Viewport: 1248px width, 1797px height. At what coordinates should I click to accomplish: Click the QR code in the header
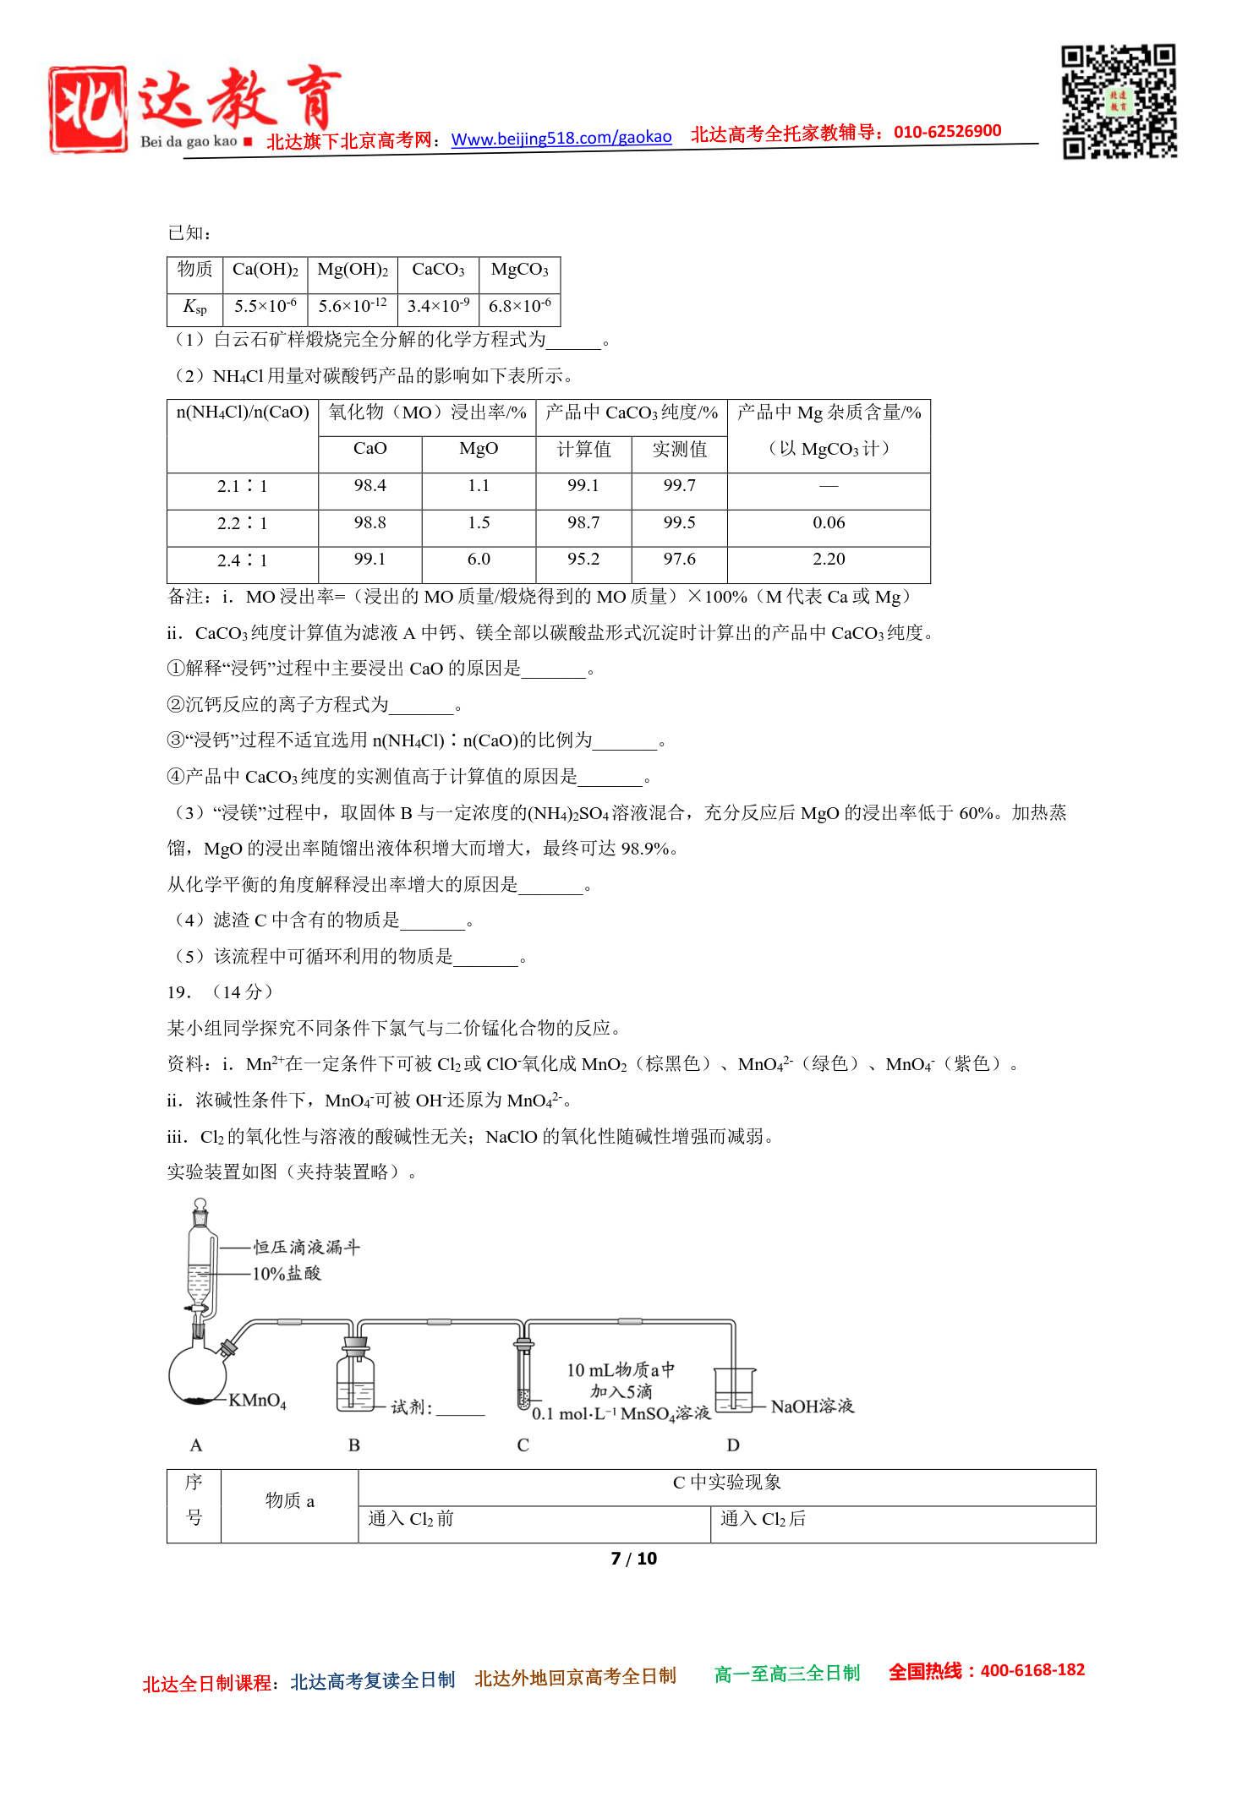(1119, 101)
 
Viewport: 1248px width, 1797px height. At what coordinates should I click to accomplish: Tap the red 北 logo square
(88, 110)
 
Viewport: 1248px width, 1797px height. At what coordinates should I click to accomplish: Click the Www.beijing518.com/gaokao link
(561, 138)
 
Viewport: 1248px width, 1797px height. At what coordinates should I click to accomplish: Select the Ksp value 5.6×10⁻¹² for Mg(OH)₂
(353, 306)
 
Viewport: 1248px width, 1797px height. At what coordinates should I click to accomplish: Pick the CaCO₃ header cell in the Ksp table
(438, 270)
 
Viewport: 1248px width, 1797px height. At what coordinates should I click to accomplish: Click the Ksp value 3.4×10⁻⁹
(438, 306)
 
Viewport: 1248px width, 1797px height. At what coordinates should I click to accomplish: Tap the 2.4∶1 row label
(242, 560)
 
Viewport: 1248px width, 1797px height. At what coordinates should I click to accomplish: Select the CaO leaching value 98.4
(369, 485)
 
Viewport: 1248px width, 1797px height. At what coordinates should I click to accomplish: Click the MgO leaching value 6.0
(479, 560)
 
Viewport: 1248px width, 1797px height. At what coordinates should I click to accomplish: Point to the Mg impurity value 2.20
(829, 560)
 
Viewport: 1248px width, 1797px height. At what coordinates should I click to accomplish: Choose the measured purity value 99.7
(679, 485)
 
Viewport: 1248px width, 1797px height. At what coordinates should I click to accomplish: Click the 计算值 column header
(583, 450)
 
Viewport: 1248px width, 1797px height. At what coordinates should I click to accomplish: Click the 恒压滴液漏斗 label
(307, 1247)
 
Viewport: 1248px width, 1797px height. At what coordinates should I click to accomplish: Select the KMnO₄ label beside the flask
(257, 1401)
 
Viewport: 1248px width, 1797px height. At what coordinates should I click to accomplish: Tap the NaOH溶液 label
(812, 1406)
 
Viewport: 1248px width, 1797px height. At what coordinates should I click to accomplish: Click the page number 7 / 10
(633, 1559)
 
